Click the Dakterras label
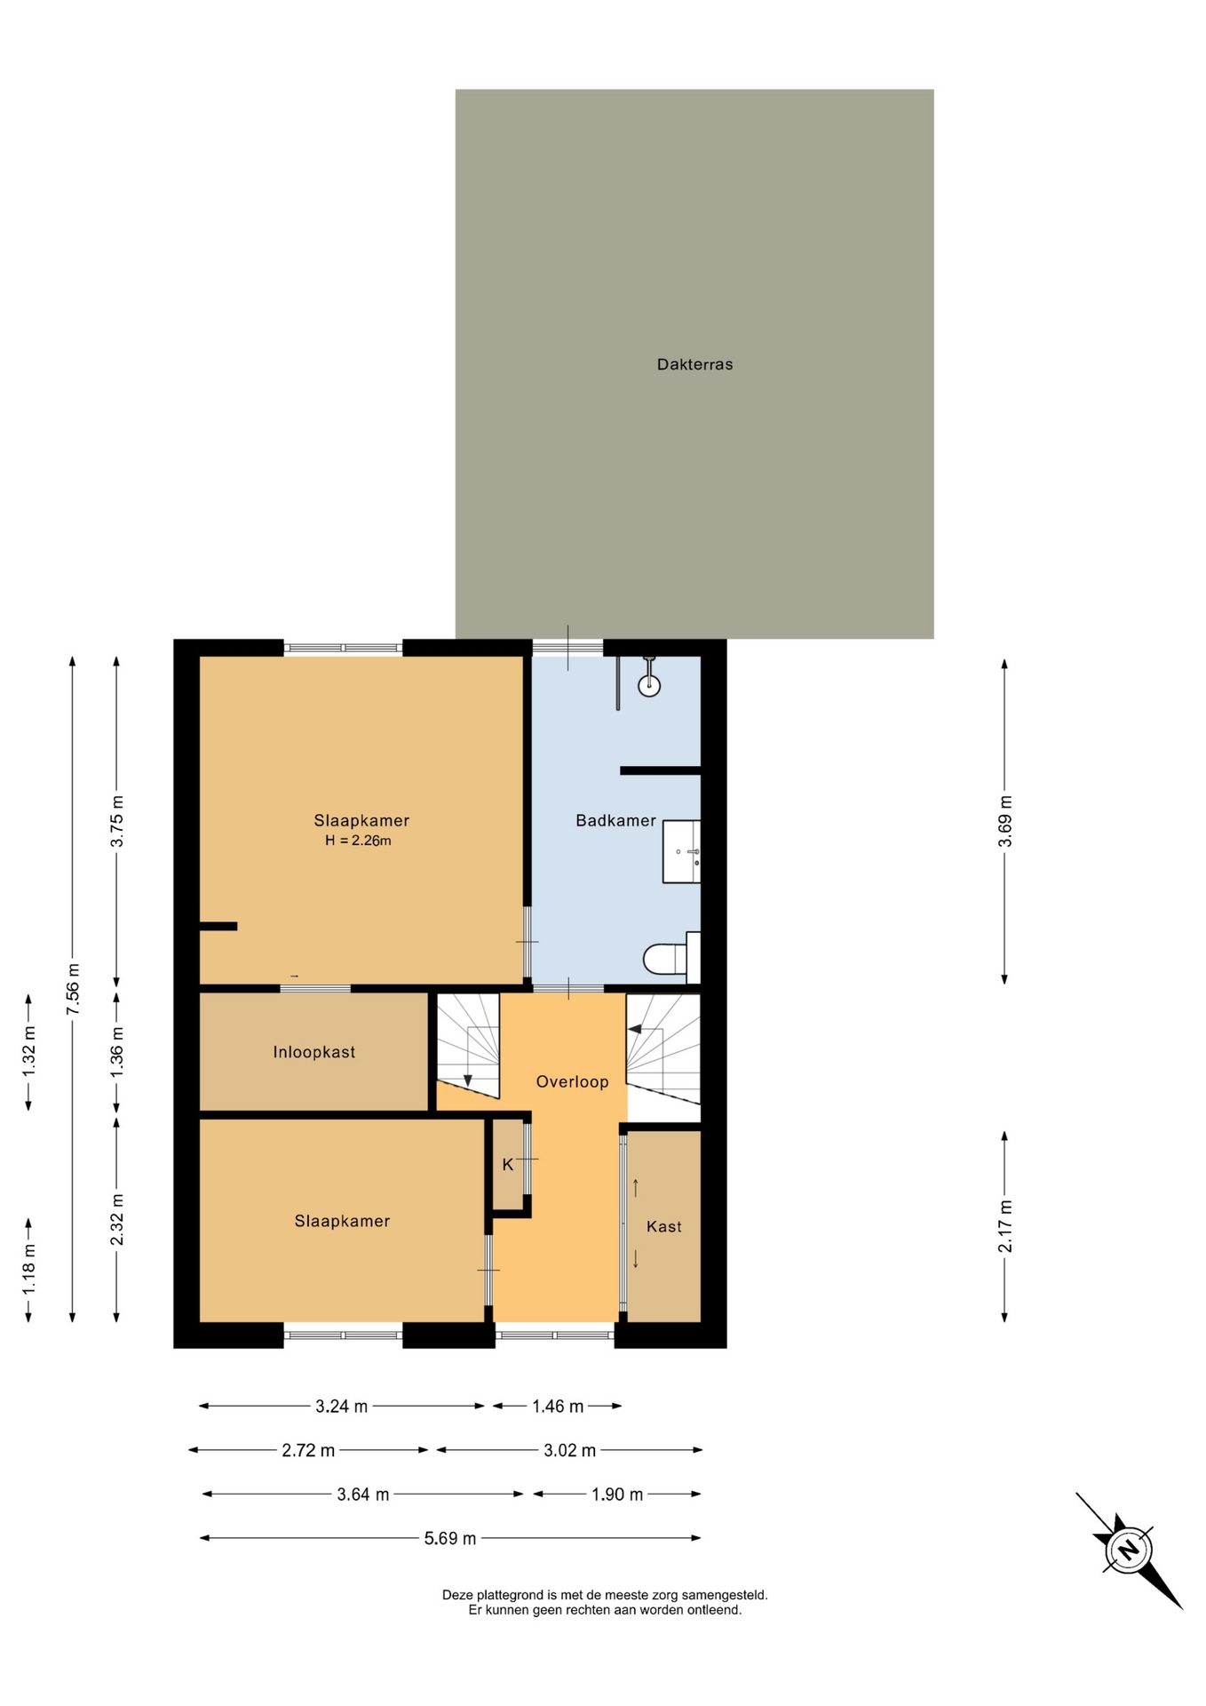tap(694, 364)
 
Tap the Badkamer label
tap(615, 820)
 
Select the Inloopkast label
tap(314, 1052)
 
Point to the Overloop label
tap(572, 1081)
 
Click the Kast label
tap(664, 1226)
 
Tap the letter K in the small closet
tap(508, 1164)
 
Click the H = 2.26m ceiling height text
tap(358, 841)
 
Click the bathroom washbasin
tap(681, 851)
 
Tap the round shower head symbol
tap(649, 685)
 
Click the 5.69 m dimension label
tap(450, 1538)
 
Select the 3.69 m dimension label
tap(1005, 821)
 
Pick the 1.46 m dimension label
tap(558, 1406)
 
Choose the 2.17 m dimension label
tap(1005, 1226)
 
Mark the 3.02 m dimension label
tap(569, 1450)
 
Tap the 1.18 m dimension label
tap(28, 1270)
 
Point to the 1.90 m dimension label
tap(617, 1495)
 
